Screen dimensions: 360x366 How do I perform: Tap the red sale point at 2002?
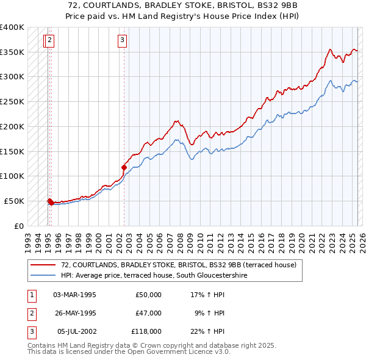[124, 167]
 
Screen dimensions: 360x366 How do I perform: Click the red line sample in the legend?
[44, 265]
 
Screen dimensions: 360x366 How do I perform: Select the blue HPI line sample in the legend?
[44, 275]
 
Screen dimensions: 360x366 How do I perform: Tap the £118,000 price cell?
[146, 331]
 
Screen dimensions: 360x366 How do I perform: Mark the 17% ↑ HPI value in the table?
[207, 295]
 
